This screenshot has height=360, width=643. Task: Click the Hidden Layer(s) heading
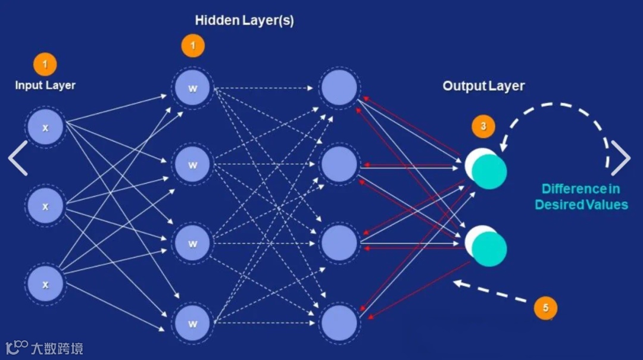pyautogui.click(x=244, y=21)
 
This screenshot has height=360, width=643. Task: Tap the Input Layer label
pyautogui.click(x=45, y=85)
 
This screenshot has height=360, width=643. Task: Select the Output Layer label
pyautogui.click(x=483, y=86)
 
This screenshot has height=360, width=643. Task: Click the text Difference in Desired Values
pyautogui.click(x=581, y=197)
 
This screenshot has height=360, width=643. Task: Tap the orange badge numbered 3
pyautogui.click(x=483, y=126)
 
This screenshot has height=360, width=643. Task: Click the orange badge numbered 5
pyautogui.click(x=545, y=308)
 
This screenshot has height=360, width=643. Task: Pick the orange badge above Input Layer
pyautogui.click(x=45, y=64)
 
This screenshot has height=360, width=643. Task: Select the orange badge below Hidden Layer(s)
pyautogui.click(x=192, y=46)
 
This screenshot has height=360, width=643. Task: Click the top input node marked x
pyautogui.click(x=45, y=128)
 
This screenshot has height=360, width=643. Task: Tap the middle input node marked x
pyautogui.click(x=45, y=206)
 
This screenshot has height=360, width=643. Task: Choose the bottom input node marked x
pyautogui.click(x=45, y=284)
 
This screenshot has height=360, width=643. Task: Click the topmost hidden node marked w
pyautogui.click(x=192, y=89)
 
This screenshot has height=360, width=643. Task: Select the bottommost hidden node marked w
pyautogui.click(x=192, y=324)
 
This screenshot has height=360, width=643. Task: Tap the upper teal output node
pyautogui.click(x=488, y=170)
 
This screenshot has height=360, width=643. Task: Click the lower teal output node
pyautogui.click(x=488, y=248)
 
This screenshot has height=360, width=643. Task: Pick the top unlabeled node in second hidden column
pyautogui.click(x=339, y=88)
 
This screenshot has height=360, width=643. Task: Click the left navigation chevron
pyautogui.click(x=18, y=158)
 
